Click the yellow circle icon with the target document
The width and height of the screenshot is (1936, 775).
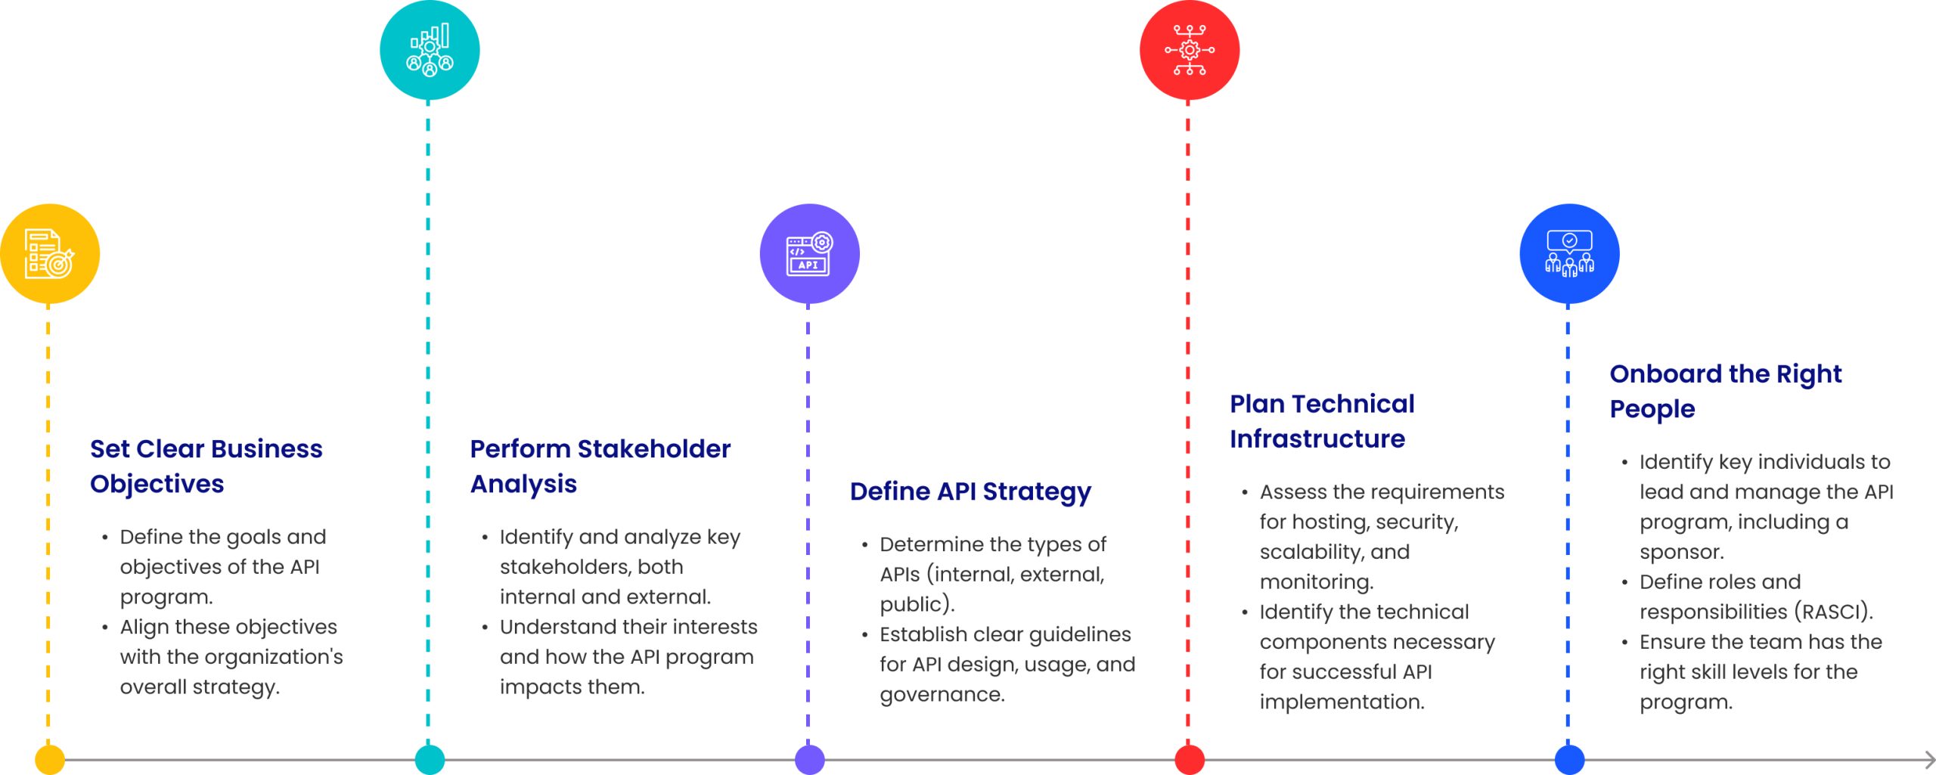pos(50,253)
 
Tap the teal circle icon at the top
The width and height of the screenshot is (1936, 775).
pos(430,50)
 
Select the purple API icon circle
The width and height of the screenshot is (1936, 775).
pos(809,253)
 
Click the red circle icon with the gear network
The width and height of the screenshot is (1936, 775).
pos(1190,50)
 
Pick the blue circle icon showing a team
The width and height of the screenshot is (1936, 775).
pos(1569,253)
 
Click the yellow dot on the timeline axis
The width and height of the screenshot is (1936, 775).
pos(50,759)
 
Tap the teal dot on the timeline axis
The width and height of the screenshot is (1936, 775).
pos(430,759)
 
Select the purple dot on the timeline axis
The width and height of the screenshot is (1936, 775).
pos(809,759)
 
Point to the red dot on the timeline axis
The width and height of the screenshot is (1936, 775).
pos(1190,759)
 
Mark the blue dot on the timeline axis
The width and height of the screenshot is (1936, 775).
pos(1569,759)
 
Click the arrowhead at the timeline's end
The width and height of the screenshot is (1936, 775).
pos(1931,759)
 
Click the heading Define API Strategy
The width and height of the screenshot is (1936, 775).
pos(970,491)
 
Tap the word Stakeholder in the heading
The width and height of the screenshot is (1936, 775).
pos(653,448)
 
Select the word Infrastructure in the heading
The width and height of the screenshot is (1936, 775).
pos(1317,439)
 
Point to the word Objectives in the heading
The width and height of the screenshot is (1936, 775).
pos(157,484)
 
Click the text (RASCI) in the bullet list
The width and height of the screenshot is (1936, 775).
pos(1833,612)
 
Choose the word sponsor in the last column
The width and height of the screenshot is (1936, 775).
pos(1680,553)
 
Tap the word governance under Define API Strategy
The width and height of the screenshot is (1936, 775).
pos(942,695)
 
